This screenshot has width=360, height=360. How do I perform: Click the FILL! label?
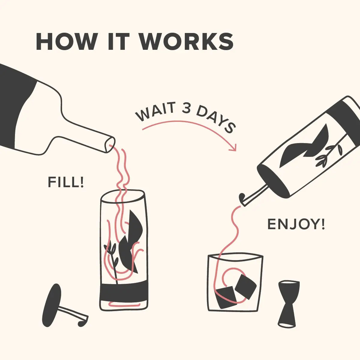click(66, 182)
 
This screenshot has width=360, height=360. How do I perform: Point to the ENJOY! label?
click(296, 224)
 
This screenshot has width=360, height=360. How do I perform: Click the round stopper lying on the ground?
click(52, 304)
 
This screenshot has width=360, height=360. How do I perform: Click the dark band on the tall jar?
click(124, 292)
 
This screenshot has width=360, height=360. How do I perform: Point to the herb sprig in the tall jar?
click(112, 255)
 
